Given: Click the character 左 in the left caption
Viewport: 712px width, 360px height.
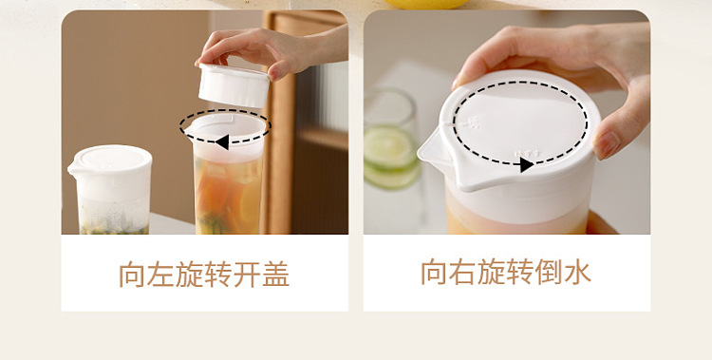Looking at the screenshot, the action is pos(161,275).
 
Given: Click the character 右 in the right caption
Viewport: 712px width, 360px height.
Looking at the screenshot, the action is pos(462,272).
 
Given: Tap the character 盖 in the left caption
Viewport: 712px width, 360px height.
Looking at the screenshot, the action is pos(275,275).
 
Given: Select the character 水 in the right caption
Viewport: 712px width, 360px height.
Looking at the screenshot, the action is pos(577,272).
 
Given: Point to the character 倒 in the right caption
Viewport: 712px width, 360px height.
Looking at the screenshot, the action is pos(549,272).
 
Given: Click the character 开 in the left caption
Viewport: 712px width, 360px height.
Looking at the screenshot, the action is pos(247,275).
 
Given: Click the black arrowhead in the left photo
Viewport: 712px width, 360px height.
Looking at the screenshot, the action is pos(222,142).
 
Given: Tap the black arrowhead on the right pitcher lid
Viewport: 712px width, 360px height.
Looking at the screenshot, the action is pos(526,164).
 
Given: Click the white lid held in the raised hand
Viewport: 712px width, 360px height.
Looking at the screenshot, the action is pos(234,85).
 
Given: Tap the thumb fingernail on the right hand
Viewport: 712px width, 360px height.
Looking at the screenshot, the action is pos(607,144).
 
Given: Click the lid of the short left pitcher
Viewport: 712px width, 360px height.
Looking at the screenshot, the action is pos(111,162).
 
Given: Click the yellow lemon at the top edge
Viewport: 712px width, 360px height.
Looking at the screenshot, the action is pos(426,4).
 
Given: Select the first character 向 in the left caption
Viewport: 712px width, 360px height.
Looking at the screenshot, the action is pos(133,275).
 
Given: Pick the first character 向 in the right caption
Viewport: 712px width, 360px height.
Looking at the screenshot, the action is pos(434,272).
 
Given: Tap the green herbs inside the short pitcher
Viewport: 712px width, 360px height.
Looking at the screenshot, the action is pos(114,227).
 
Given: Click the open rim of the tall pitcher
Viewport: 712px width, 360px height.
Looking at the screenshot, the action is pos(226,126).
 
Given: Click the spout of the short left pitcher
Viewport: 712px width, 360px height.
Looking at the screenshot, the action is pos(73,169).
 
